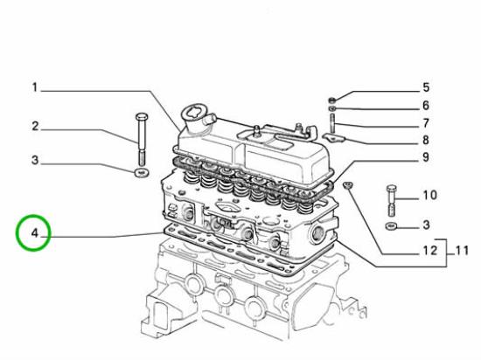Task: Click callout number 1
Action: point(35,87)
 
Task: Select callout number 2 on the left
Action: point(35,127)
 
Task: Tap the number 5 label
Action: point(425,87)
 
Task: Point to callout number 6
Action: point(425,105)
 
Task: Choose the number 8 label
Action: point(425,140)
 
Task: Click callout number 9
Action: point(425,157)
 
